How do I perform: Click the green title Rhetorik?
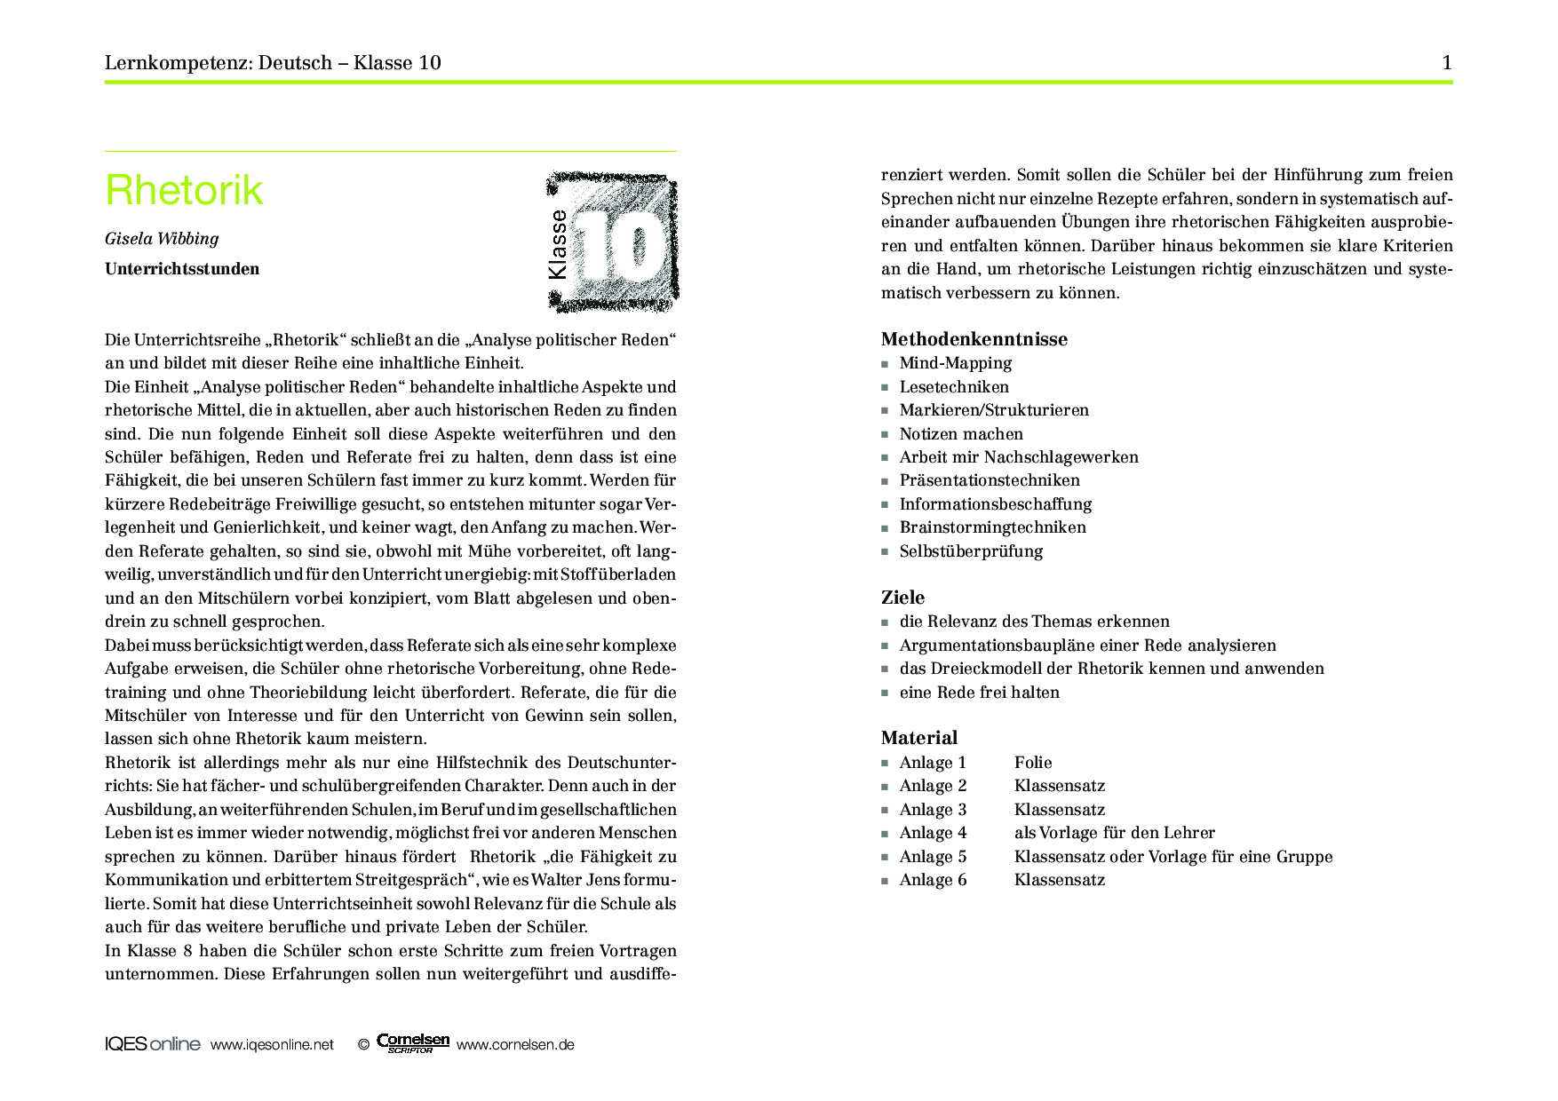coord(184,190)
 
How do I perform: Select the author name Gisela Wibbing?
coord(162,239)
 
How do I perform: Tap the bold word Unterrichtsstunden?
coord(182,269)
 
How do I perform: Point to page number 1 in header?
coord(1447,63)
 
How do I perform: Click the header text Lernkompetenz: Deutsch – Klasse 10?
coord(273,63)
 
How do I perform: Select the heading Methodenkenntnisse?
coord(974,339)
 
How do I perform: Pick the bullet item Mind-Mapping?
coord(955,363)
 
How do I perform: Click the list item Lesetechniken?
coord(954,387)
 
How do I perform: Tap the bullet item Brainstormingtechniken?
coord(992,527)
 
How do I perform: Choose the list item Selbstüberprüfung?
coord(971,551)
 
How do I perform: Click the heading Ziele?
coord(902,598)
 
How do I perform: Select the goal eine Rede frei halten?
coord(979,693)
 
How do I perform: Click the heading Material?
coord(919,738)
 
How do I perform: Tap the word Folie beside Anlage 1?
coord(1033,763)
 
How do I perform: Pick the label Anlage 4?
coord(933,833)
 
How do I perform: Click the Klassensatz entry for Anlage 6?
coord(1060,880)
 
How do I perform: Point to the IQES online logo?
coord(153,1045)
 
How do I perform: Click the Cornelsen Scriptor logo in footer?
coord(413,1043)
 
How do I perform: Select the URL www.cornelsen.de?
coord(515,1045)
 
